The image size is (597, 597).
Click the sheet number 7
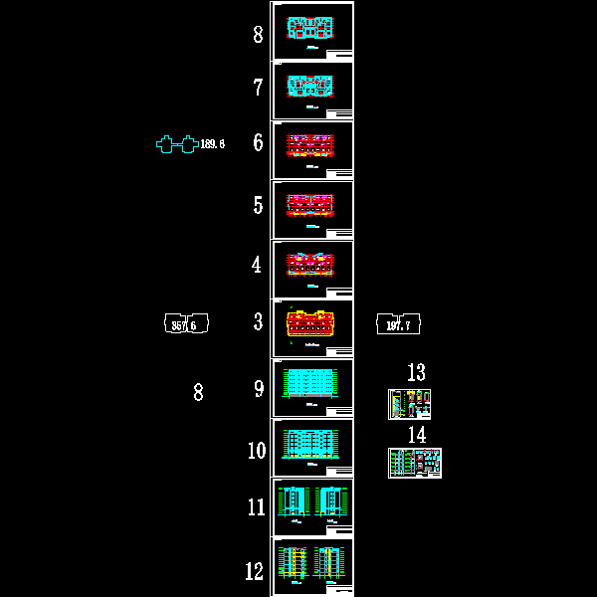click(x=258, y=88)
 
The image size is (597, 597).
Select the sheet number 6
click(x=258, y=142)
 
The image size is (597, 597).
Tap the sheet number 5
click(x=258, y=205)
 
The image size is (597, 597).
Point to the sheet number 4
click(x=257, y=265)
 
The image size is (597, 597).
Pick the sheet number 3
click(x=258, y=322)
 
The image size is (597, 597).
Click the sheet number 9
click(x=258, y=389)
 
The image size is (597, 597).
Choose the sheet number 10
click(x=257, y=451)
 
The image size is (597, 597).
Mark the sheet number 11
click(x=257, y=507)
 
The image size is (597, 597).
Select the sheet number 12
click(x=255, y=571)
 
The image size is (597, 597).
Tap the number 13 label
click(x=416, y=373)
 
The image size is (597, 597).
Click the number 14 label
click(x=416, y=435)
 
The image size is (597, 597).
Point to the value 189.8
click(x=213, y=144)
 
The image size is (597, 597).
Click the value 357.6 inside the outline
click(x=184, y=324)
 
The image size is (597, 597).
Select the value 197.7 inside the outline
click(x=398, y=324)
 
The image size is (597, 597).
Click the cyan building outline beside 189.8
click(x=176, y=144)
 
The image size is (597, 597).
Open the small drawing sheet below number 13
click(x=409, y=404)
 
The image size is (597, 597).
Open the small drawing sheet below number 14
click(x=414, y=463)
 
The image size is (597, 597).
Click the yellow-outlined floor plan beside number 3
click(x=312, y=324)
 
